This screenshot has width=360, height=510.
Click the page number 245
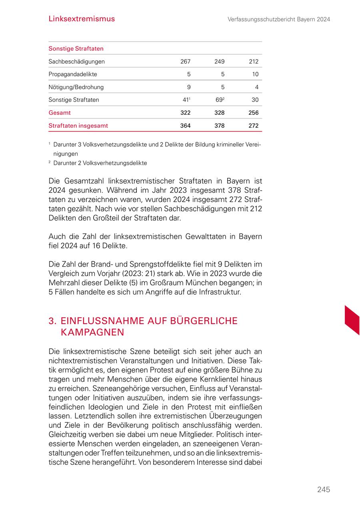(324, 490)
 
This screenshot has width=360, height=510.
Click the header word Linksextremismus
(82, 19)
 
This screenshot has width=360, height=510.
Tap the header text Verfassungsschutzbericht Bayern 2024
(279, 19)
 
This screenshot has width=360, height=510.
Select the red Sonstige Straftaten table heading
(76, 49)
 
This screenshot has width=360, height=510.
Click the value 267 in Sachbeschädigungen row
(185, 62)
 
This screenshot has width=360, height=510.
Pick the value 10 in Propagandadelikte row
(255, 74)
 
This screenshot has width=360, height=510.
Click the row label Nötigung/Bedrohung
(76, 87)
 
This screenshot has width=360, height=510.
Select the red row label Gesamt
(60, 113)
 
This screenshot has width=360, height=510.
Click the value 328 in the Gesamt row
(219, 113)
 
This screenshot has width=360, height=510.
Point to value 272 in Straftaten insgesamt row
(253, 126)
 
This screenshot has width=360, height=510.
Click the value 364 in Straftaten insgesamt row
(185, 126)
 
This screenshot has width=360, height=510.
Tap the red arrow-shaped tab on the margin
(352, 319)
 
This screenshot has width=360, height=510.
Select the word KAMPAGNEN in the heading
(92, 333)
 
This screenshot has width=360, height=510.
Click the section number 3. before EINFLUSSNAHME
(53, 321)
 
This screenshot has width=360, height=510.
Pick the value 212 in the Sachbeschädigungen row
(253, 62)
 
